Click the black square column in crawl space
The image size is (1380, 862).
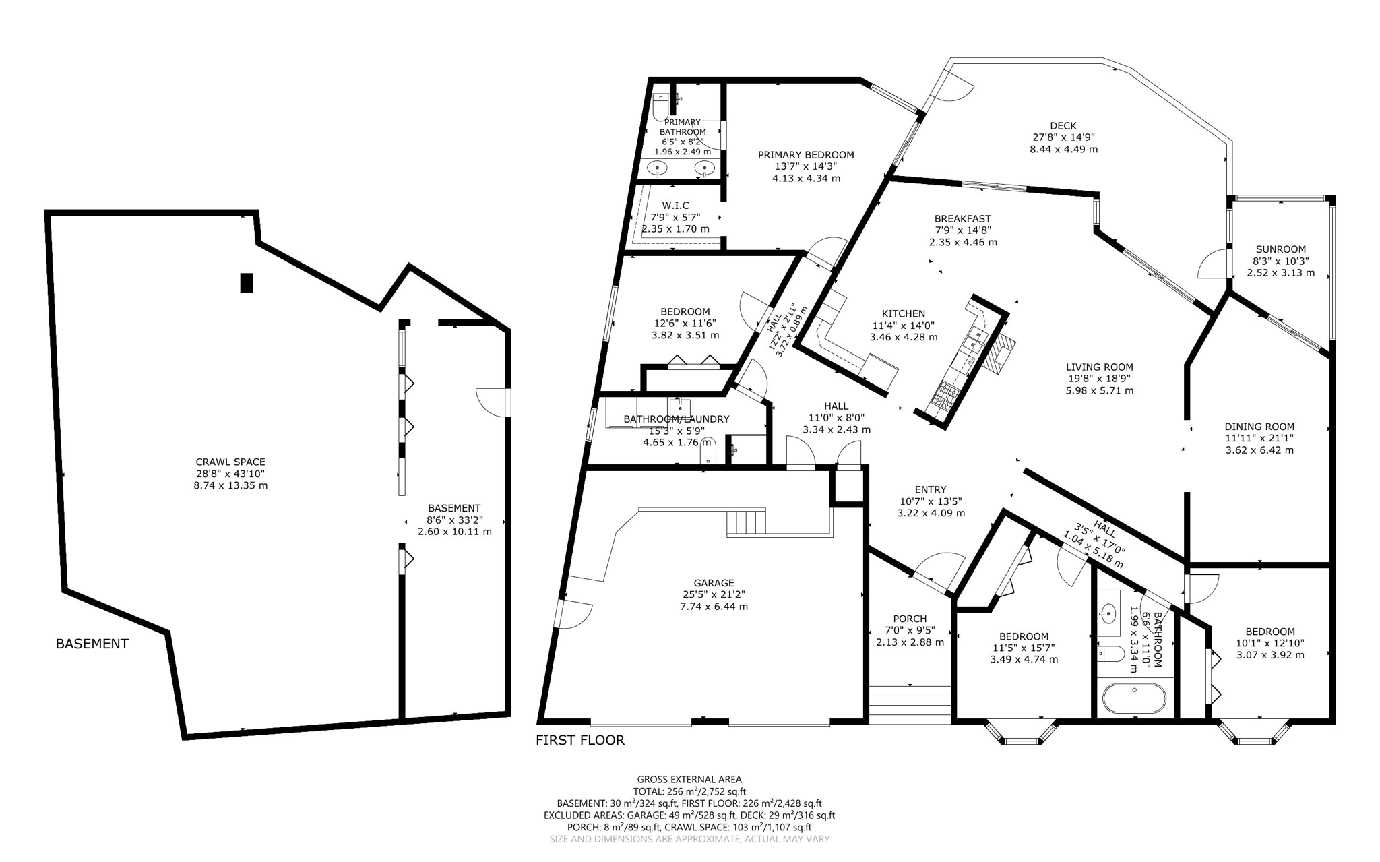click(247, 282)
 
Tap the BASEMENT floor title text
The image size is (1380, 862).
click(92, 644)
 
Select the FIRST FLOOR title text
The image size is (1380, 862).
click(580, 740)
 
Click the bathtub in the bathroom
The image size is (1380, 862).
click(1134, 699)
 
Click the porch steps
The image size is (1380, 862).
click(910, 704)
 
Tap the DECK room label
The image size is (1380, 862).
click(1063, 125)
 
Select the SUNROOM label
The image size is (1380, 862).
click(1280, 249)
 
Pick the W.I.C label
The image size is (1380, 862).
click(675, 205)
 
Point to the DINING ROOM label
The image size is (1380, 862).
click(1259, 426)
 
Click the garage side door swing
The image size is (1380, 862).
click(576, 613)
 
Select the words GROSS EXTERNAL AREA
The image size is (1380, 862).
click(689, 779)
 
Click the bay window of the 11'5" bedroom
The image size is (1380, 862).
click(1022, 733)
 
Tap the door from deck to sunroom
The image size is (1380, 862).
click(1213, 264)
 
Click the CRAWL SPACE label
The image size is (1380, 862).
click(230, 462)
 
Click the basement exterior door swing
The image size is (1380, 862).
click(492, 402)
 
